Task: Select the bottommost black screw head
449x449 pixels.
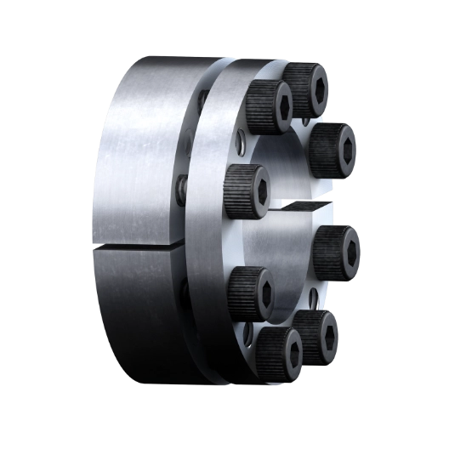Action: pyautogui.click(x=280, y=352)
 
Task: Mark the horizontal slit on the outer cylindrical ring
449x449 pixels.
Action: pyautogui.click(x=136, y=248)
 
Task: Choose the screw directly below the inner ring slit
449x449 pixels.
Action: pyautogui.click(x=335, y=252)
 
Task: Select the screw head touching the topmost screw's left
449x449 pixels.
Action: pyautogui.click(x=270, y=107)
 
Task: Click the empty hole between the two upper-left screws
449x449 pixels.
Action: pyautogui.click(x=245, y=145)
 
